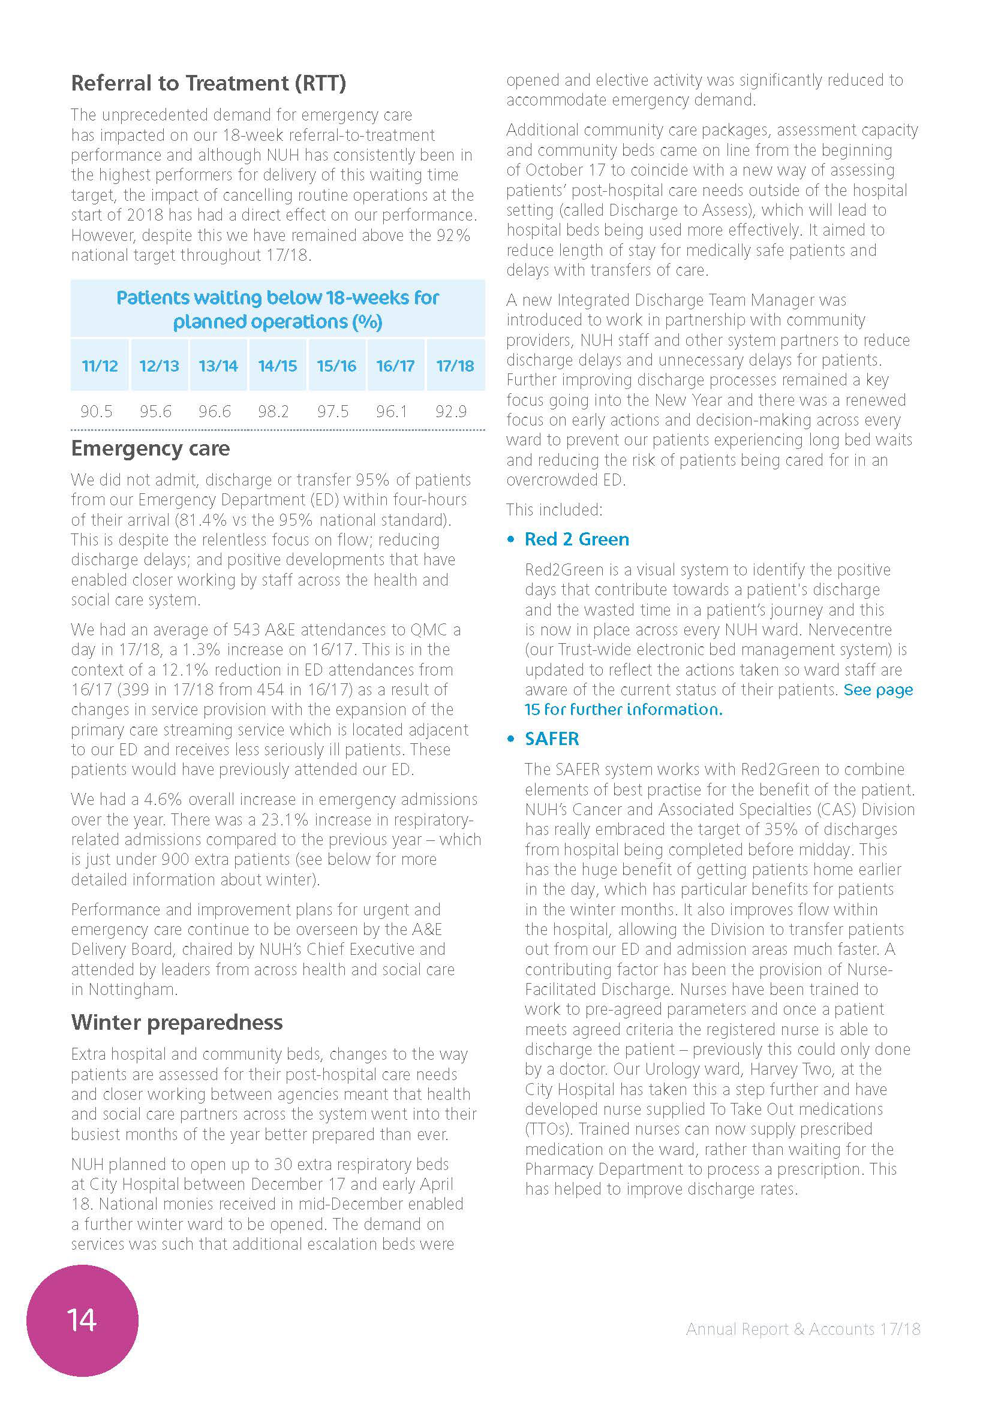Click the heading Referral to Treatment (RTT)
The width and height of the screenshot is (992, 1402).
208,83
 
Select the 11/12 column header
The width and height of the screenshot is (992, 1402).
100,366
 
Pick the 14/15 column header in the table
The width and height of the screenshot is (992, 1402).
277,366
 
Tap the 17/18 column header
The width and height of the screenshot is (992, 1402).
455,366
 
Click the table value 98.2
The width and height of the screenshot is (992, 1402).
273,412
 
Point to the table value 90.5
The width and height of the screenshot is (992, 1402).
97,412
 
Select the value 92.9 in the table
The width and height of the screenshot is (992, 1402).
451,412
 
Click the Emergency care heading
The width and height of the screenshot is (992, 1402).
151,449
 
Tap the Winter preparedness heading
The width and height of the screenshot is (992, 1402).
176,1022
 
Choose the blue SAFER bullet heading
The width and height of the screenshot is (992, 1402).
552,739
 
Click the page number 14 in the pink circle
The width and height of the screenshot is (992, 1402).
82,1320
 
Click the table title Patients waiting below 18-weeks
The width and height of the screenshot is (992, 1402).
277,309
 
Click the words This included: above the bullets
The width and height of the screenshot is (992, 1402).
554,509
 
